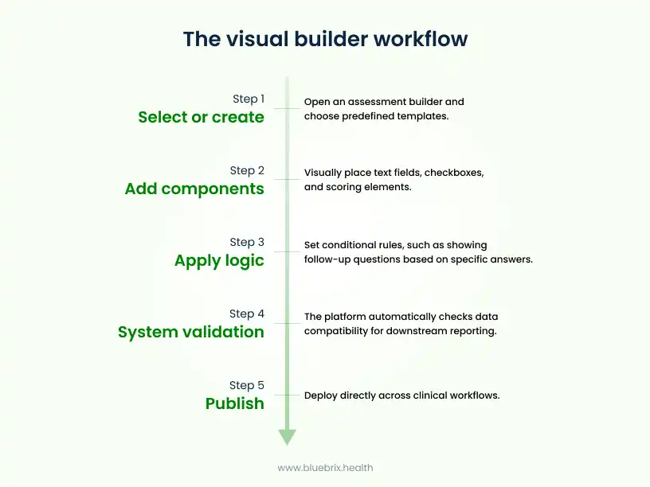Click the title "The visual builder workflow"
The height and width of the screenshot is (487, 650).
pyautogui.click(x=325, y=39)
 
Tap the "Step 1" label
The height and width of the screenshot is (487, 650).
pyautogui.click(x=248, y=99)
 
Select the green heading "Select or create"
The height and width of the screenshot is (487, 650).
pyautogui.click(x=201, y=117)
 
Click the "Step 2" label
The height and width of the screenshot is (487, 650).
pyautogui.click(x=247, y=170)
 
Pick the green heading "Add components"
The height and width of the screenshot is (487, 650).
pyautogui.click(x=194, y=189)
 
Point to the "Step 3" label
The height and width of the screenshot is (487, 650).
pyautogui.click(x=247, y=242)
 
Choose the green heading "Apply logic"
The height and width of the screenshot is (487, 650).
pyautogui.click(x=219, y=261)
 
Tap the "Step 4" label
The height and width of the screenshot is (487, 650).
pyautogui.click(x=247, y=314)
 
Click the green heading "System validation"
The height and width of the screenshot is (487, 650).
pyautogui.click(x=191, y=332)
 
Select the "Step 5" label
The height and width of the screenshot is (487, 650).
pyautogui.click(x=247, y=385)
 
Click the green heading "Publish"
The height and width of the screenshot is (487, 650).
pyautogui.click(x=234, y=403)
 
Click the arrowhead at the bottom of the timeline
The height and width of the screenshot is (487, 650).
pyautogui.click(x=287, y=437)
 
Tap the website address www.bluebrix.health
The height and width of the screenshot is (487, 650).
pyautogui.click(x=325, y=468)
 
